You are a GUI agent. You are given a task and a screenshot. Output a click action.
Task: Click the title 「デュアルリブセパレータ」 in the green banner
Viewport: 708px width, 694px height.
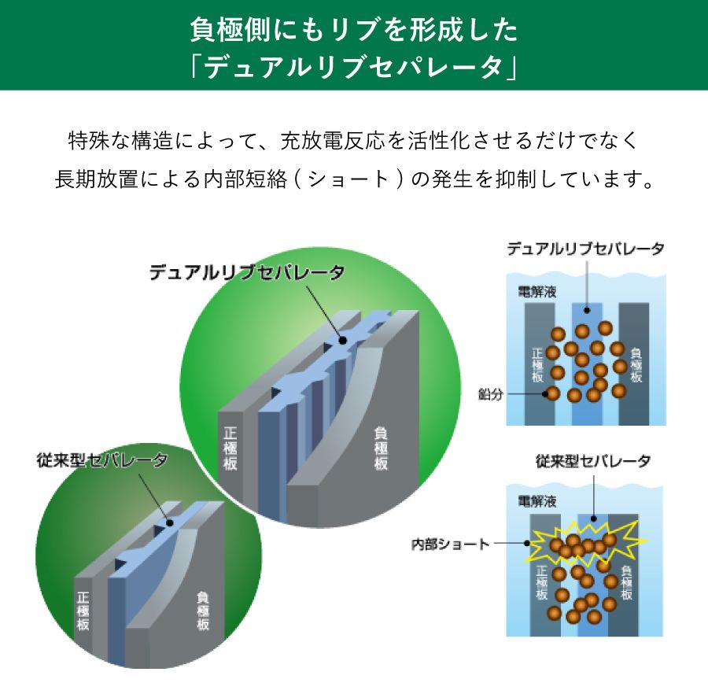pyautogui.click(x=353, y=68)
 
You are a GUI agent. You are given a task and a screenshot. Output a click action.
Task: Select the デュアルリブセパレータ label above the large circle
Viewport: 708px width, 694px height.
pyautogui.click(x=247, y=272)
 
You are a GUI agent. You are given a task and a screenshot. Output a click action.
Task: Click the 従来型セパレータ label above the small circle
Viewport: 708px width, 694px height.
pyautogui.click(x=102, y=460)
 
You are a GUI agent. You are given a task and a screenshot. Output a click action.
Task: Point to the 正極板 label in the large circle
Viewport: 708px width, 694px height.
pyautogui.click(x=230, y=449)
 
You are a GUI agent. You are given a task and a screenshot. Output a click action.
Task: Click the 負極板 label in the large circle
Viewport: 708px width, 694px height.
pyautogui.click(x=381, y=449)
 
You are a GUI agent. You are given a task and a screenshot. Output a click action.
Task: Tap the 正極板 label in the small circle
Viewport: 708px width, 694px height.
pyautogui.click(x=83, y=611)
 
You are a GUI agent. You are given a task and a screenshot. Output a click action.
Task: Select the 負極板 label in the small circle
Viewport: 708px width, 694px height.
pyautogui.click(x=203, y=611)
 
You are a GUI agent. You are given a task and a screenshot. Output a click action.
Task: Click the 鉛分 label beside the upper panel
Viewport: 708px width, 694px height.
pyautogui.click(x=490, y=394)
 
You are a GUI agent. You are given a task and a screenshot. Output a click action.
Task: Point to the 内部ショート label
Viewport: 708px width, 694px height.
pyautogui.click(x=450, y=544)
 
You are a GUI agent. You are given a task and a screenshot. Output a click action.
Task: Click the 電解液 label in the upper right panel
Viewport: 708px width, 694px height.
pyautogui.click(x=537, y=292)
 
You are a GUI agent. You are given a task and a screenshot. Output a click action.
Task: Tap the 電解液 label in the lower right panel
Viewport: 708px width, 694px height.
pyautogui.click(x=537, y=501)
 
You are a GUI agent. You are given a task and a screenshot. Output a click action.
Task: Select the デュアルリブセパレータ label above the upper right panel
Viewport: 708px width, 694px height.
pyautogui.click(x=585, y=249)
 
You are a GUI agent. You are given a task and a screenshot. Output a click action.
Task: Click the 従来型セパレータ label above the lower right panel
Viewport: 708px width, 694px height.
pyautogui.click(x=593, y=461)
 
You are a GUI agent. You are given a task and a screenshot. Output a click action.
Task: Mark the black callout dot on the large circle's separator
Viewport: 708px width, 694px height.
pyautogui.click(x=343, y=340)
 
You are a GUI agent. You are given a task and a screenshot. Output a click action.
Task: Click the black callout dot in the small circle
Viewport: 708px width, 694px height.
pyautogui.click(x=170, y=523)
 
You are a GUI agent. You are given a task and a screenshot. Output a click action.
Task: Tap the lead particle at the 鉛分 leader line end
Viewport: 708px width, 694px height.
pyautogui.click(x=551, y=393)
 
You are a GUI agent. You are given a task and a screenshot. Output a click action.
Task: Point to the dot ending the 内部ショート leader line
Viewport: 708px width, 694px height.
pyautogui.click(x=527, y=543)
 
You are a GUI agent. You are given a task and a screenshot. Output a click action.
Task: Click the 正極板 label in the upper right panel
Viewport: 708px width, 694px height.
pyautogui.click(x=537, y=365)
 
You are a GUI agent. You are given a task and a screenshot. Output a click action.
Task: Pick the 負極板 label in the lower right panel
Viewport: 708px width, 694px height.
pyautogui.click(x=626, y=583)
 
